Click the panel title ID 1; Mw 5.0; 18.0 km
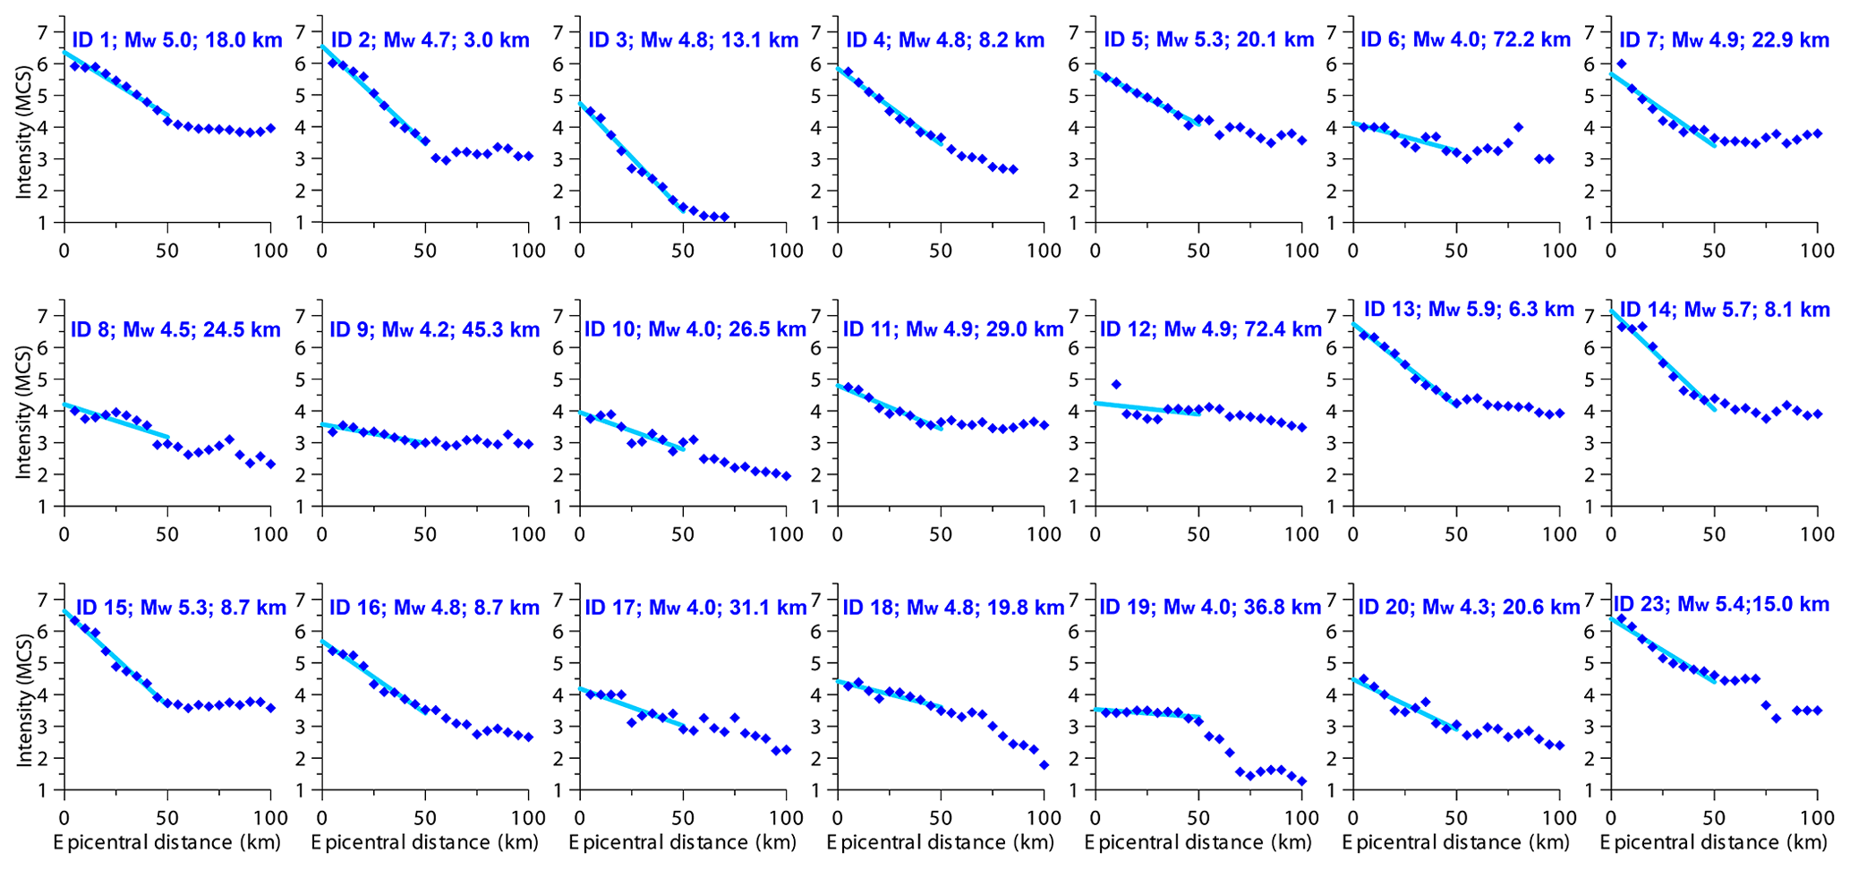coord(176,39)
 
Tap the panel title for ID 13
coord(1468,310)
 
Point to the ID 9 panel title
coord(434,329)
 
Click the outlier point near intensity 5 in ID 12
coord(1115,384)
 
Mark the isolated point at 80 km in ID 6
coord(1518,127)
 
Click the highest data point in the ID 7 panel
coord(1621,64)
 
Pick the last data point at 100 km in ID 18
coord(1044,765)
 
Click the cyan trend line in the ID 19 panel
coord(1146,713)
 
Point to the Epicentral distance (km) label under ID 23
coord(1712,842)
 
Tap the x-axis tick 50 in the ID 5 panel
coord(1198,250)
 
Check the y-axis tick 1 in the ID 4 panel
coord(817,223)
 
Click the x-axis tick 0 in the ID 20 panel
coord(1352,817)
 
